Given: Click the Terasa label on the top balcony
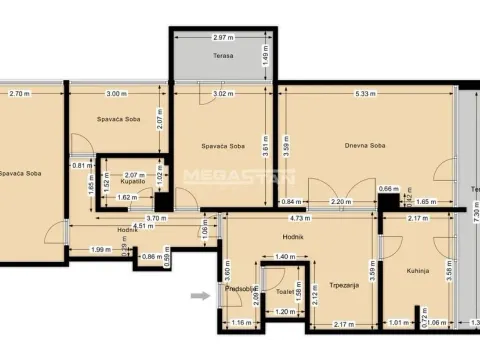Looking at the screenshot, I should tap(222, 56).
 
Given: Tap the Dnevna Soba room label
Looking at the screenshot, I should tap(366, 146).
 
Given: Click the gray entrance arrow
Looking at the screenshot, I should tap(202, 295).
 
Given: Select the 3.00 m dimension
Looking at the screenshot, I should tap(116, 93).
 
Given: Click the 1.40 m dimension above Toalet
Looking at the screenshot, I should tap(283, 257).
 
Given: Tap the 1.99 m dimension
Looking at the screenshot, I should tap(100, 249).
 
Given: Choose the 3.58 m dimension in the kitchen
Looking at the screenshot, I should tap(449, 271).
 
